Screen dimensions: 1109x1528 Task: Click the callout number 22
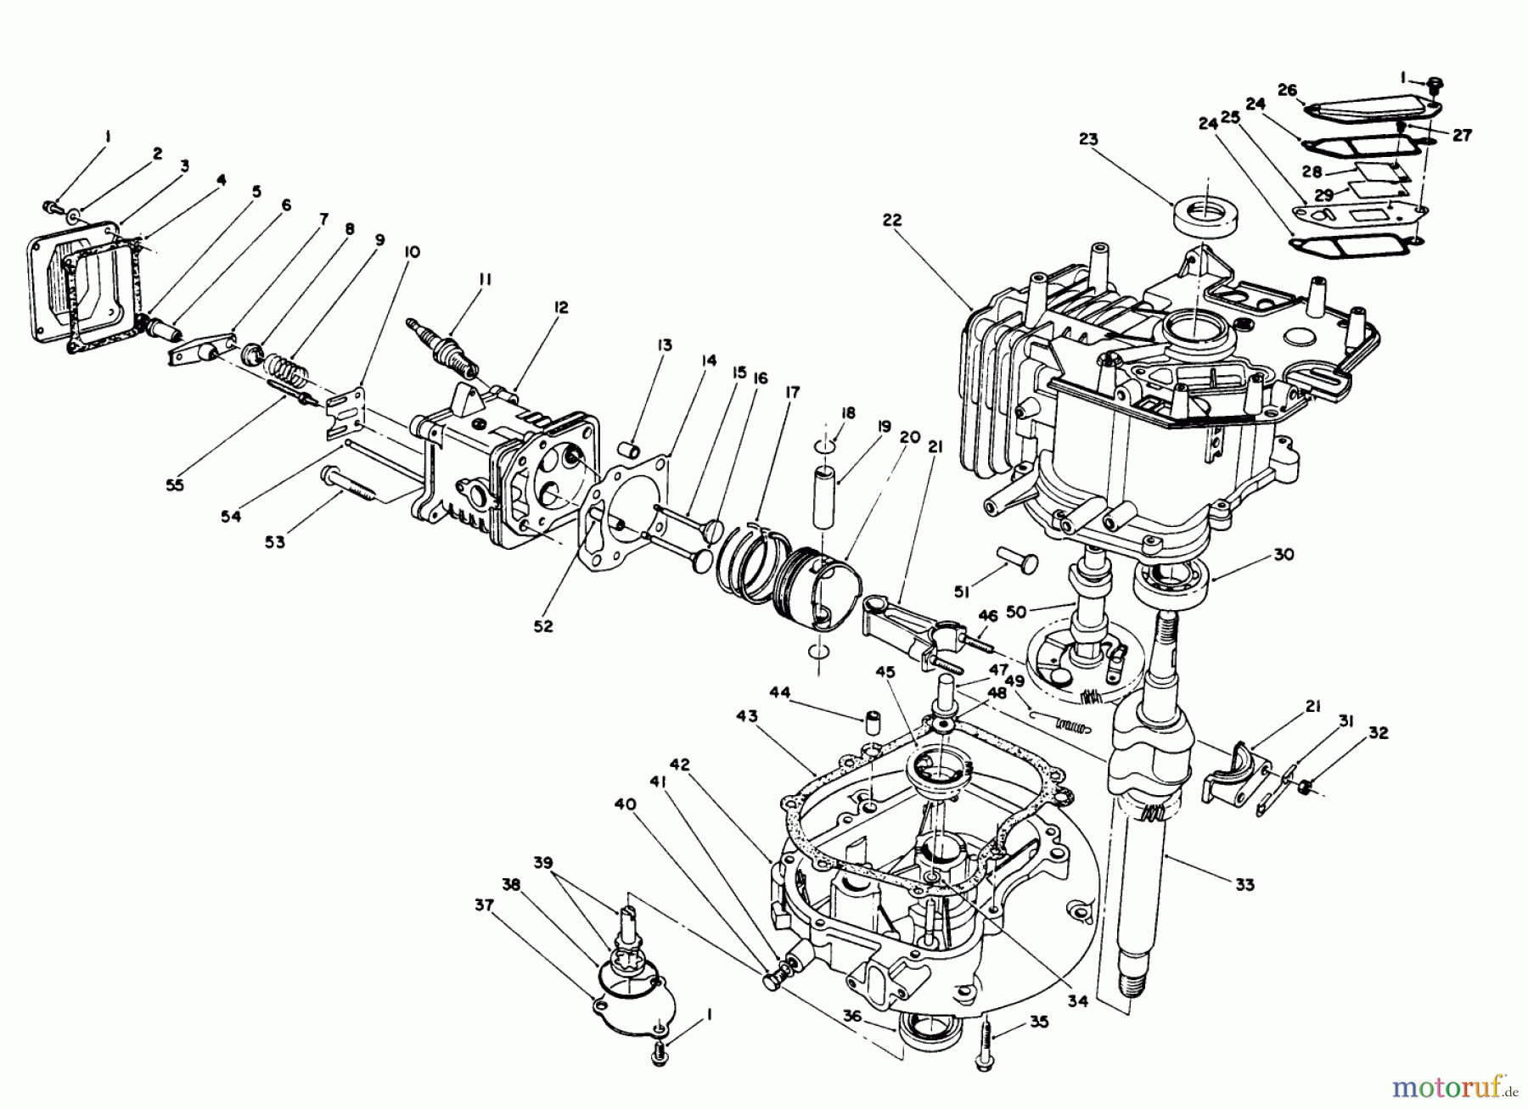click(892, 220)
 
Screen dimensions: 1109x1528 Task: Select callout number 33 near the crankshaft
click(1244, 885)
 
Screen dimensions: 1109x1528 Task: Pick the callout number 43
click(747, 717)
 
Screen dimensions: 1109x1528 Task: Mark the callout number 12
click(561, 307)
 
